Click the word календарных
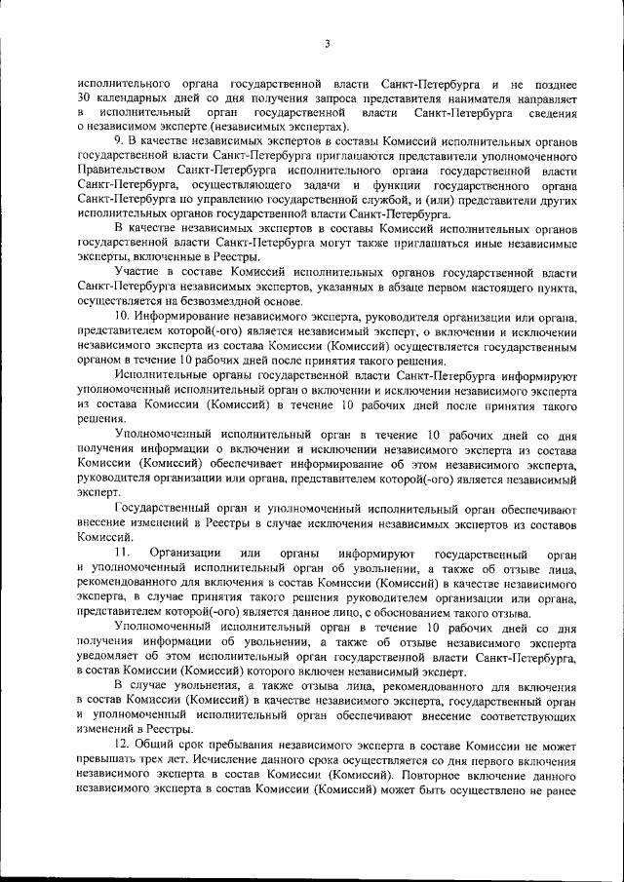coord(132,100)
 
